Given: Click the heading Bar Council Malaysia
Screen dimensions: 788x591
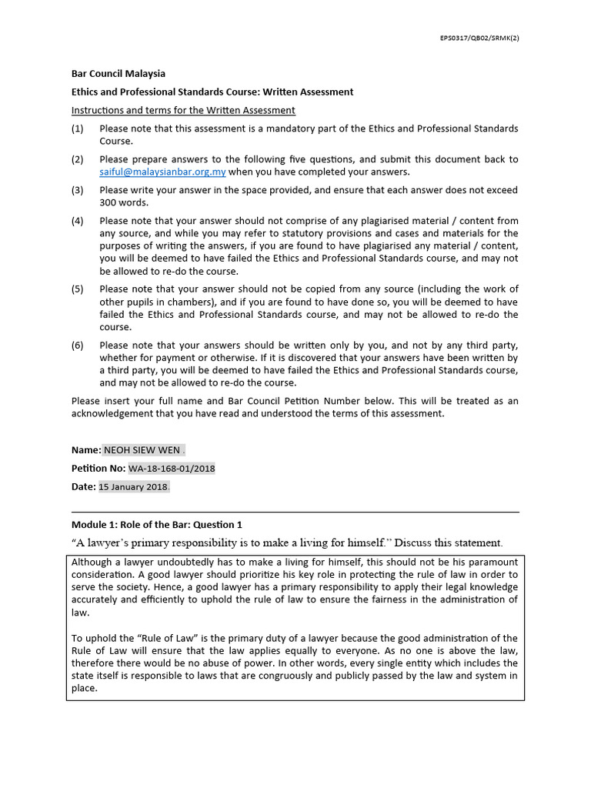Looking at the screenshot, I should pyautogui.click(x=118, y=74).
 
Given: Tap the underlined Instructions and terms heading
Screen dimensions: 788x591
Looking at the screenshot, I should pyautogui.click(x=183, y=110).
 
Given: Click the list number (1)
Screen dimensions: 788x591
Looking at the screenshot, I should pyautogui.click(x=77, y=129).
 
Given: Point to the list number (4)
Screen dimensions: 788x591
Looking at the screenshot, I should pyautogui.click(x=77, y=221).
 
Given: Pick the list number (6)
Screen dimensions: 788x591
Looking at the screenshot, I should pyautogui.click(x=77, y=346).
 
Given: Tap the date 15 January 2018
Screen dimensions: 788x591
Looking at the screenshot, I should pyautogui.click(x=133, y=486).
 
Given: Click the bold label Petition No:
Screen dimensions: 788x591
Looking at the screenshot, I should pyautogui.click(x=98, y=468).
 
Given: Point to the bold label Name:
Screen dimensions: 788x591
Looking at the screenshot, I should pyautogui.click(x=85, y=450).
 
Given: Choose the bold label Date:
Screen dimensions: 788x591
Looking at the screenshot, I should pyautogui.click(x=83, y=486).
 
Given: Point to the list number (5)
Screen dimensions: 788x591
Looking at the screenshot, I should pyautogui.click(x=77, y=289).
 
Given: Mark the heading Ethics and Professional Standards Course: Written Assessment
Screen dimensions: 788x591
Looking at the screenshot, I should pyautogui.click(x=212, y=92).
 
